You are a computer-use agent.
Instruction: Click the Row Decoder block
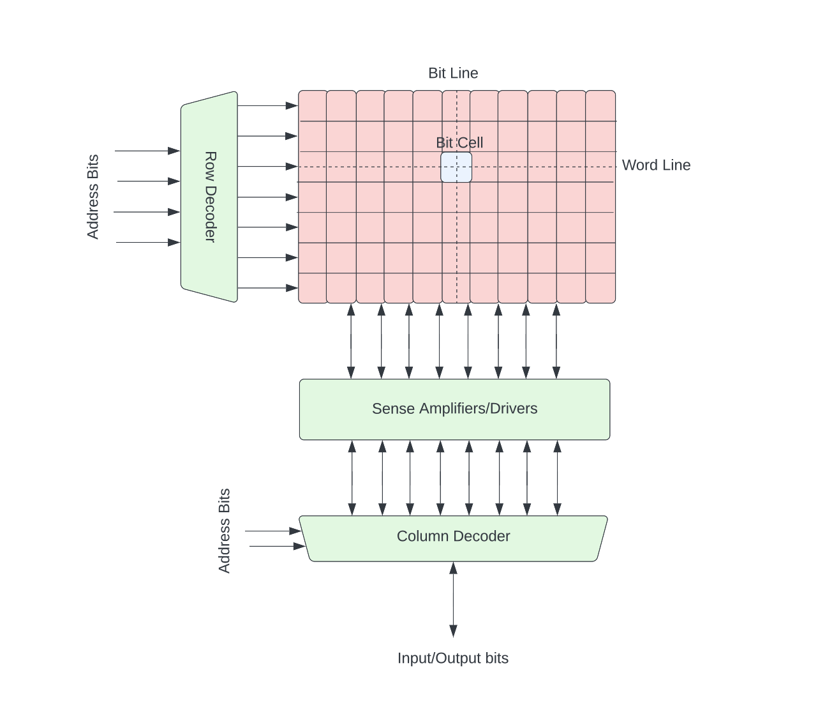point(209,197)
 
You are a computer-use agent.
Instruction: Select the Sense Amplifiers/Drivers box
point(454,409)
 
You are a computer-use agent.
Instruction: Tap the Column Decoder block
point(453,538)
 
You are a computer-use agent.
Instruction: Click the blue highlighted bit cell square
point(456,167)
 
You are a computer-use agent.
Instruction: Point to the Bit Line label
point(453,73)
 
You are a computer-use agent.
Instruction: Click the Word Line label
point(656,165)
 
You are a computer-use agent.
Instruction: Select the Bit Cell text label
point(459,142)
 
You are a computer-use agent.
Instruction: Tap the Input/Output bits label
point(453,658)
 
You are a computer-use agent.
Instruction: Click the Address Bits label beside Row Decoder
point(93,197)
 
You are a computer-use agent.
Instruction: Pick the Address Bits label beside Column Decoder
point(225,531)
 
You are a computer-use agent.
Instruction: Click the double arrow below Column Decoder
point(453,599)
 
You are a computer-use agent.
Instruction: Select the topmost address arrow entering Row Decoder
point(147,151)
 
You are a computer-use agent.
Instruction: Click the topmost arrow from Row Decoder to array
point(267,105)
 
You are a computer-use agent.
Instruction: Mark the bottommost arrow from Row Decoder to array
point(267,289)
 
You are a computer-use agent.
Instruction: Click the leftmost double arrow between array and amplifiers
point(351,341)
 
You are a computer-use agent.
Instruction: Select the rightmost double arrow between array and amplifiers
point(556,341)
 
